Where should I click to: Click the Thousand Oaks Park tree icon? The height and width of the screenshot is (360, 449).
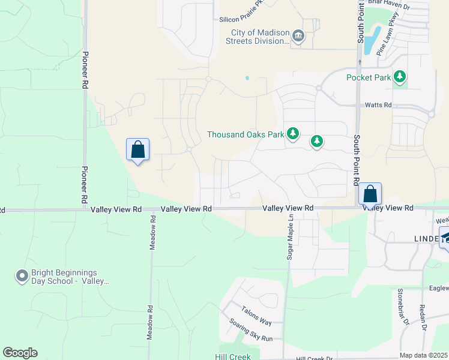click(x=293, y=134)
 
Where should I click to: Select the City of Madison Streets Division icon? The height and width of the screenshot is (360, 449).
click(x=298, y=37)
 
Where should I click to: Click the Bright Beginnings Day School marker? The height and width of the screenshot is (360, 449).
click(x=22, y=276)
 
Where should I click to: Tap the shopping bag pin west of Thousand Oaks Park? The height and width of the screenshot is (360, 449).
click(x=137, y=150)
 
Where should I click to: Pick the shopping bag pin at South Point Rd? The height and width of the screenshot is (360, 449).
click(x=370, y=194)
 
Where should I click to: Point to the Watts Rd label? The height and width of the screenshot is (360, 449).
click(x=378, y=105)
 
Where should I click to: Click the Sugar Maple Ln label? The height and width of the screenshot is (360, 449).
click(x=290, y=237)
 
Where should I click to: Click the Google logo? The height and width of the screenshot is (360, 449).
click(x=20, y=353)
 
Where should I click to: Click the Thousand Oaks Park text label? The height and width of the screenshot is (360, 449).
click(x=246, y=134)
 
